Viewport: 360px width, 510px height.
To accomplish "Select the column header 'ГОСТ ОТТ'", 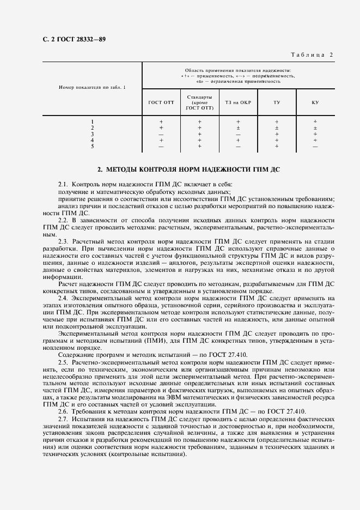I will pos(161,102).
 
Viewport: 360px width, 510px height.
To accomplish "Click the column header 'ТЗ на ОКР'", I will pos(238,102).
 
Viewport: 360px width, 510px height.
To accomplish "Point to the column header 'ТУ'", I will pos(277,102).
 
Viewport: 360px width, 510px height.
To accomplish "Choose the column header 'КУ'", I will pos(315,102).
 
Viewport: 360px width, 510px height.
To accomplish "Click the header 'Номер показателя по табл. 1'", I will pos(92,87).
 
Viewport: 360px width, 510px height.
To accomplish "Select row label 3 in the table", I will pos(92,134).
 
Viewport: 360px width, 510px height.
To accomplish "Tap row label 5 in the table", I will pos(92,146).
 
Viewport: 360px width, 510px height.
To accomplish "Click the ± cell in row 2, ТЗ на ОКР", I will pos(238,128).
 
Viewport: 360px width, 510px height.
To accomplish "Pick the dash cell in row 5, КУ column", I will pos(315,146).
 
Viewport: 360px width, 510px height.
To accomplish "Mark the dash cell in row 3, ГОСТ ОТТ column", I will pos(161,134).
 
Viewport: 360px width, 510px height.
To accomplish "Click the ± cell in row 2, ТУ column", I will pos(277,128).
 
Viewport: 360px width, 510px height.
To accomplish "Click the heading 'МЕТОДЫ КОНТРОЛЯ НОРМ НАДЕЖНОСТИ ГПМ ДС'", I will pos(188,170).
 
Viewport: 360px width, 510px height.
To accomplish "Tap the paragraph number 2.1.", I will pos(63,185).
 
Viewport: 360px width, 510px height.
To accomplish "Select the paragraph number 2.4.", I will pos(63,299).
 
